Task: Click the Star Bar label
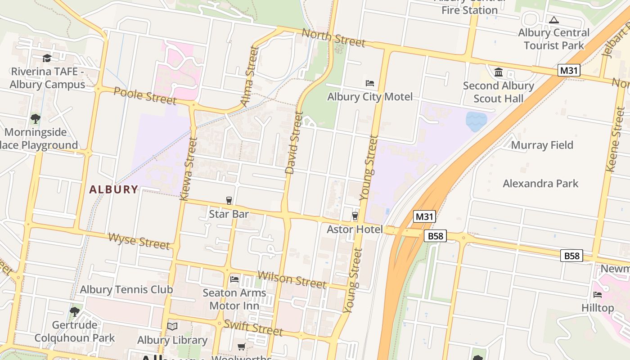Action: pyautogui.click(x=229, y=214)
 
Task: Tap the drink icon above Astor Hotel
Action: pyautogui.click(x=355, y=216)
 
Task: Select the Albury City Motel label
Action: pyautogui.click(x=369, y=97)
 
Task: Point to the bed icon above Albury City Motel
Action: pyautogui.click(x=370, y=83)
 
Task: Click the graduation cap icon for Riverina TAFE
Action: pyautogui.click(x=47, y=58)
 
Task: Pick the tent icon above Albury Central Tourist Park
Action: pyautogui.click(x=553, y=20)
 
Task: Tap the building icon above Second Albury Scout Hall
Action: pyautogui.click(x=499, y=72)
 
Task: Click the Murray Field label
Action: pyautogui.click(x=542, y=145)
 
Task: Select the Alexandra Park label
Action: pyautogui.click(x=540, y=183)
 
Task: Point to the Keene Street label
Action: pyautogui.click(x=615, y=139)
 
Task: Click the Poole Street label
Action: pyautogui.click(x=145, y=95)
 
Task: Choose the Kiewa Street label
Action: pyautogui.click(x=189, y=169)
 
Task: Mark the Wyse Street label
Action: pyautogui.click(x=139, y=241)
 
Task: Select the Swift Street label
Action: pyautogui.click(x=253, y=327)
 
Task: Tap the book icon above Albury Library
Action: pyautogui.click(x=172, y=326)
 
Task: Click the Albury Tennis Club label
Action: pyautogui.click(x=126, y=289)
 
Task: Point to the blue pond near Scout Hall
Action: pyautogui.click(x=476, y=121)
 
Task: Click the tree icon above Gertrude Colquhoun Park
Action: pyautogui.click(x=75, y=311)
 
